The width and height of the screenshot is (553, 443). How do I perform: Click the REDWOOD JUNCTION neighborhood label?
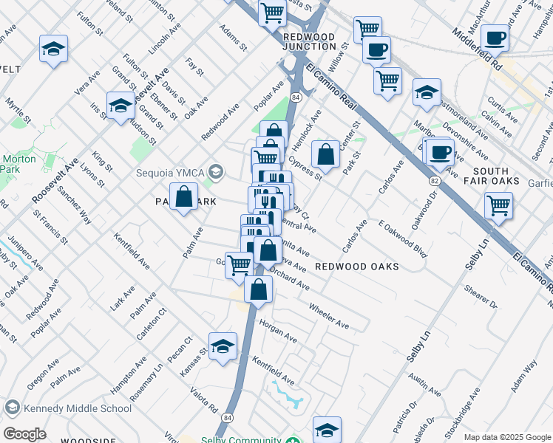308,41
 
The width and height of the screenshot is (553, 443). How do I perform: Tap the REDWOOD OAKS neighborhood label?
357,266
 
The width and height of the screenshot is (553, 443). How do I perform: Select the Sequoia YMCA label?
169,174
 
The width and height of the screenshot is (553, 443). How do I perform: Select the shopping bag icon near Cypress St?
325,155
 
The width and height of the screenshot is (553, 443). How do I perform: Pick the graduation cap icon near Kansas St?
223,347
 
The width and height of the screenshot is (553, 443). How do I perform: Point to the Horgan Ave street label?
277,332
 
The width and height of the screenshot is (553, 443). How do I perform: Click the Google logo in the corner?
24,434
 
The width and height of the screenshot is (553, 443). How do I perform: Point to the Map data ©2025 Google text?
507,437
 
